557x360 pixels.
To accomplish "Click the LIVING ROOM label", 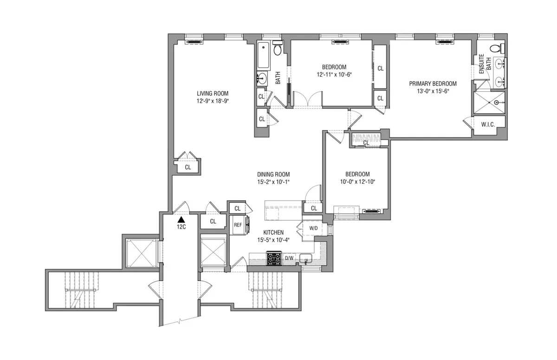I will [x=212, y=93].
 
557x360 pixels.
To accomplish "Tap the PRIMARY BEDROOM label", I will [x=433, y=84].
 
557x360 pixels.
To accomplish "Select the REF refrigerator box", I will [x=238, y=225].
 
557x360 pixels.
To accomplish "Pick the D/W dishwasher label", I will [x=289, y=258].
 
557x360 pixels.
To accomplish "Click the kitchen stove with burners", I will [x=273, y=258].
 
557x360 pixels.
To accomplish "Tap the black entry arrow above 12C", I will [x=181, y=219].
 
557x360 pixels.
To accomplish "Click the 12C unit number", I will [x=181, y=227].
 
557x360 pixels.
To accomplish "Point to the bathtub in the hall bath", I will [x=263, y=55].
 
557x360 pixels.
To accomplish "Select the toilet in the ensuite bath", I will [x=497, y=48].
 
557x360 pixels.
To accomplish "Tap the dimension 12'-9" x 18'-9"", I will [x=212, y=100].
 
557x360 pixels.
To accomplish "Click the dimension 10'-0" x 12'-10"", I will [x=357, y=181].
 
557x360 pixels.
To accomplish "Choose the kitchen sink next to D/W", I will [x=305, y=258].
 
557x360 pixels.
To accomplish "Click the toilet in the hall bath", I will [x=278, y=49].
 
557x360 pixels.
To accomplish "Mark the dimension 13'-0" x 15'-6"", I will [x=433, y=91].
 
